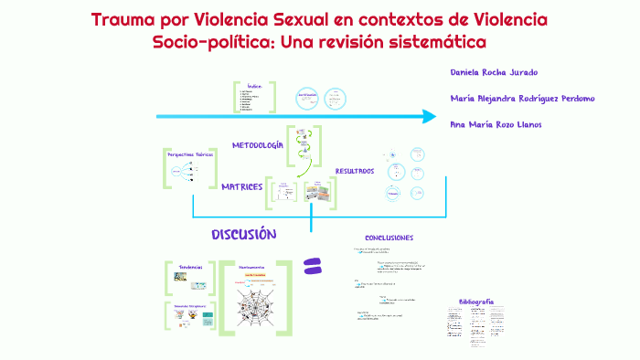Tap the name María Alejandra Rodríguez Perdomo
(x=523, y=98)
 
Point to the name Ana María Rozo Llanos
(x=497, y=124)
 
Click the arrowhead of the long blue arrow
(x=428, y=116)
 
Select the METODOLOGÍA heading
(x=257, y=145)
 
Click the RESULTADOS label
(x=354, y=171)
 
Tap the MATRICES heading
(x=242, y=186)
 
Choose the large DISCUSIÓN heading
(x=243, y=235)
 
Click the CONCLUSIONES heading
(x=395, y=238)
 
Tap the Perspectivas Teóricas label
(x=190, y=155)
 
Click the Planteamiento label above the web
(x=251, y=267)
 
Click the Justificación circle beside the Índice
(x=307, y=95)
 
